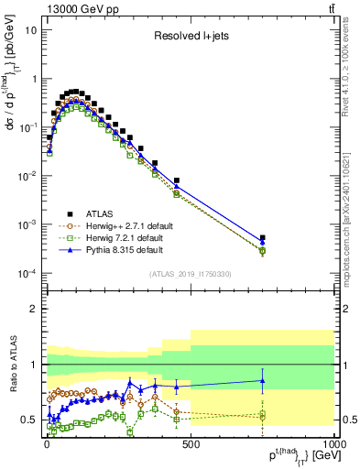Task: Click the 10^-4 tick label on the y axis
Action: [27, 274]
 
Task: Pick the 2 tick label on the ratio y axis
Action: [34, 309]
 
